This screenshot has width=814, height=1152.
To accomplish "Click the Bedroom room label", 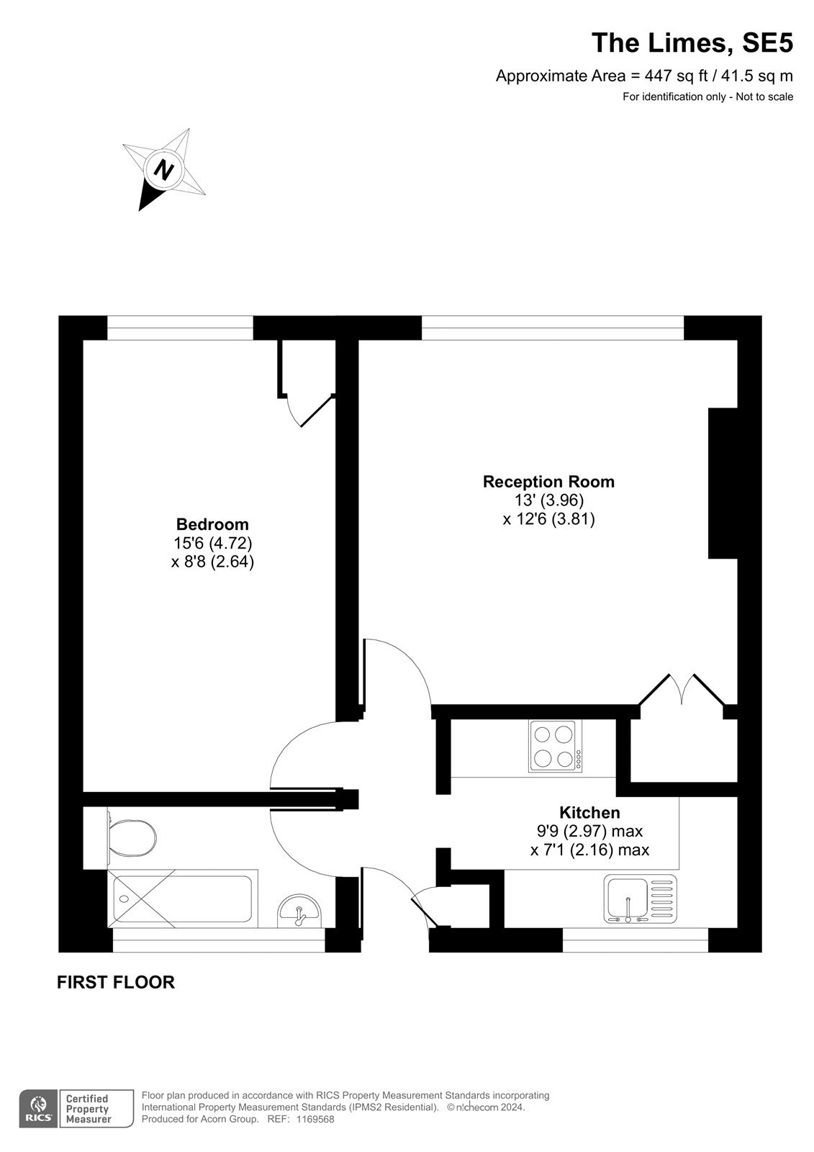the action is (x=212, y=524).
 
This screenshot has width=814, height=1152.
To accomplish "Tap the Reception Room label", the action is (x=548, y=482).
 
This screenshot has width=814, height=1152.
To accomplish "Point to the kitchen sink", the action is (x=641, y=898).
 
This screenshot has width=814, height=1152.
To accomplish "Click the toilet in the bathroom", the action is (x=131, y=838).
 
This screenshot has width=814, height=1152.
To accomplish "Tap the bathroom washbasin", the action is (x=299, y=911).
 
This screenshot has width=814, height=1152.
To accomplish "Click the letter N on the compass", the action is (x=164, y=169).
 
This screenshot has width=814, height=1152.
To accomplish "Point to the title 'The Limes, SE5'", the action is (x=692, y=42).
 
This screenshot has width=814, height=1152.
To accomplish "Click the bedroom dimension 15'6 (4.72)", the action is (x=212, y=543).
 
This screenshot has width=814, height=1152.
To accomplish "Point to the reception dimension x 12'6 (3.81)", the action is (x=548, y=519).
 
